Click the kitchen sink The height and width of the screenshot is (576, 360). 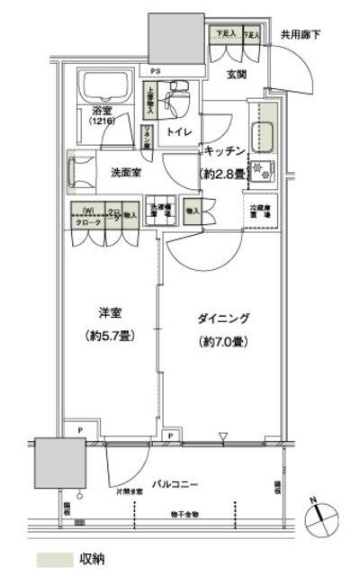point(265,135)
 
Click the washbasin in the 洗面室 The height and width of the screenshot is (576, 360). point(81,172)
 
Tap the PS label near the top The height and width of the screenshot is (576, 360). point(156,69)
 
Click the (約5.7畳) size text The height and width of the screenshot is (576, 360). point(112,340)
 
